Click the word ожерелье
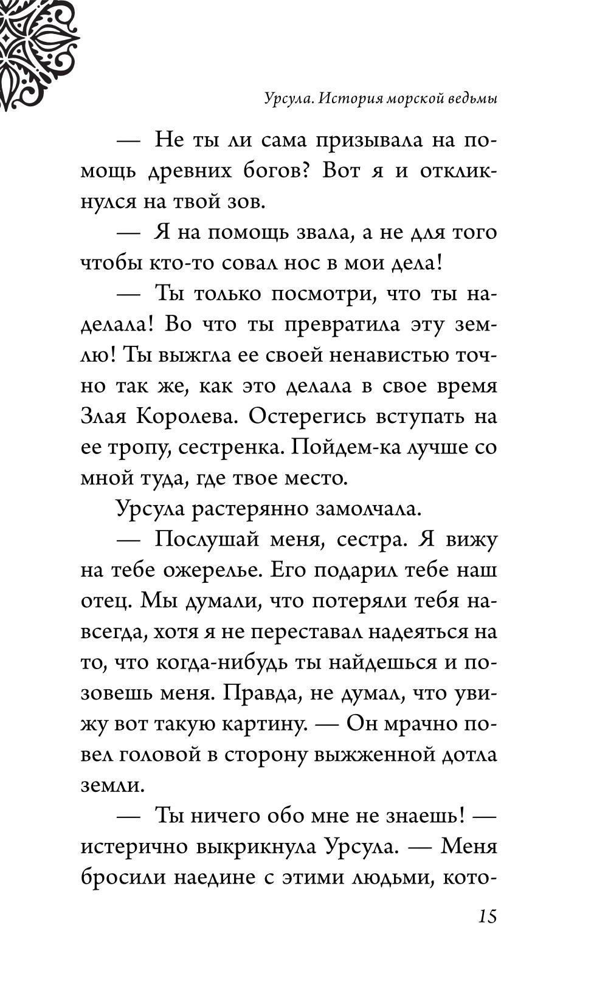[212, 571]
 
